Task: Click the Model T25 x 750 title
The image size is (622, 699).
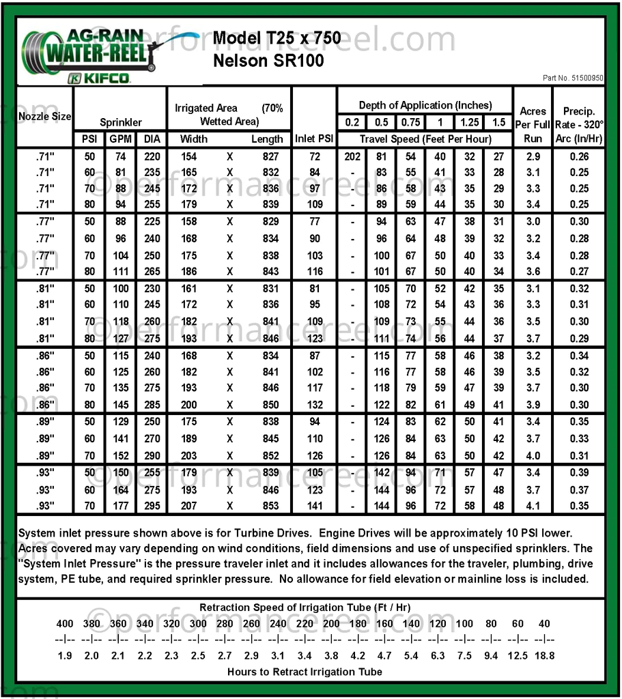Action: (x=277, y=38)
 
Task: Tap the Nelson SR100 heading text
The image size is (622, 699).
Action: (x=268, y=60)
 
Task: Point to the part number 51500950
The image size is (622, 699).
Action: (x=573, y=79)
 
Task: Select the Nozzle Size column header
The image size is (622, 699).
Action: (x=44, y=116)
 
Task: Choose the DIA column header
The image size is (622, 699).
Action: (x=150, y=139)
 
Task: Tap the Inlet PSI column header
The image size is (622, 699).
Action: (x=314, y=139)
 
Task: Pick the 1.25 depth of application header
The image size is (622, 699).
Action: (x=469, y=122)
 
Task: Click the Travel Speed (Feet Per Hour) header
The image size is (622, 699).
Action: (x=425, y=139)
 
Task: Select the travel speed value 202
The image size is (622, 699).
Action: (x=352, y=156)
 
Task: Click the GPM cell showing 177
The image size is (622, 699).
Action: (x=120, y=506)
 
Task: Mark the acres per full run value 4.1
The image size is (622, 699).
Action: (x=533, y=506)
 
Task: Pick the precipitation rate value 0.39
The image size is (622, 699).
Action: (x=579, y=473)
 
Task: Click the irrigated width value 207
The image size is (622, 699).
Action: (x=188, y=506)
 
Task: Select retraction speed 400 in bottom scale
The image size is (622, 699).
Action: (x=65, y=623)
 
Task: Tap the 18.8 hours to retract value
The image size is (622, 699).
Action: (x=543, y=655)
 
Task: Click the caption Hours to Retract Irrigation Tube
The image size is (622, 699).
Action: (x=305, y=672)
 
